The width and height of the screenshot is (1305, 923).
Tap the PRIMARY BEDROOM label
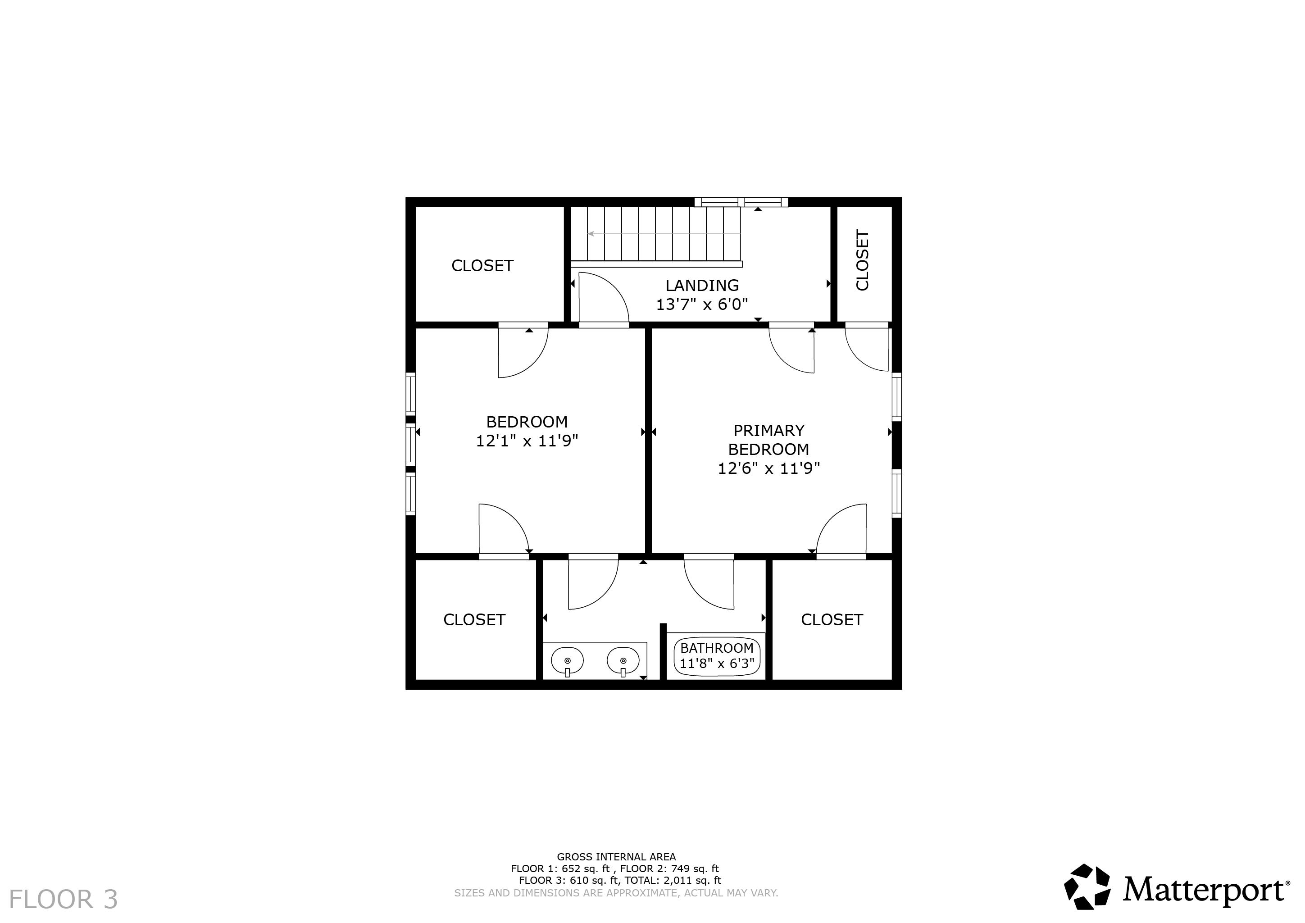768,440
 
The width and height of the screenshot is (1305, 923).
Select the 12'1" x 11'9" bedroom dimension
527,441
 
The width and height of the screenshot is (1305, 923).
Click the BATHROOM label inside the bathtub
717,648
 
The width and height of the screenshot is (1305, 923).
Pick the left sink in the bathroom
567,661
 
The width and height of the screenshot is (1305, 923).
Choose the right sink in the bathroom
623,661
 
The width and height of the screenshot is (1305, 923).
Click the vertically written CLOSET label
862,260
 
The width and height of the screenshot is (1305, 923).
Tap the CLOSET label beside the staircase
482,266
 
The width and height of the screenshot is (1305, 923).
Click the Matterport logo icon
1087,891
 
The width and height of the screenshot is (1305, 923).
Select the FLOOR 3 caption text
64,900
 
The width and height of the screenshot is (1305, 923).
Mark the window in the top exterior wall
741,202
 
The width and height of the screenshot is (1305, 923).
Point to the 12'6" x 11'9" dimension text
768,469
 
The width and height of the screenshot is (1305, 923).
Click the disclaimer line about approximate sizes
616,893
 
